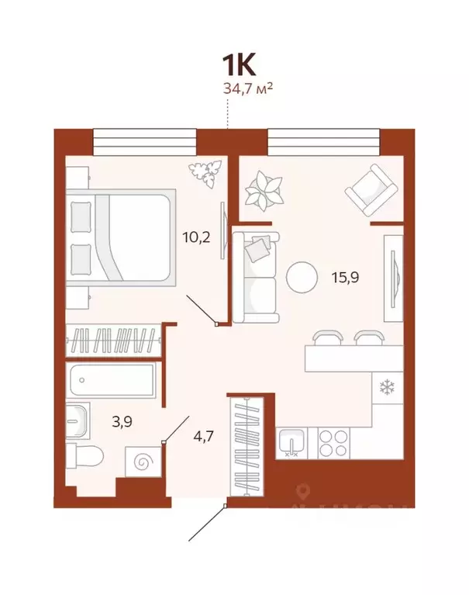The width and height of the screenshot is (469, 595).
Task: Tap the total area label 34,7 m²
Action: pos(247,88)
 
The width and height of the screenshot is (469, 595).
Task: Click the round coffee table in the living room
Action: pos(301,276)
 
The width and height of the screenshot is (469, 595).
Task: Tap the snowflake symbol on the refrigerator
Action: pos(385,386)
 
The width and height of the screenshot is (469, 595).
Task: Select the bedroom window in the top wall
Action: pos(144,141)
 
